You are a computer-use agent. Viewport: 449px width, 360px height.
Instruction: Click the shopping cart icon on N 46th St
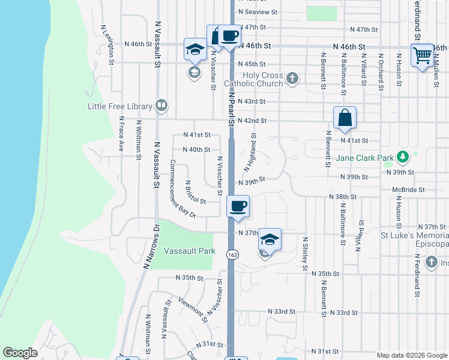pos(422,55)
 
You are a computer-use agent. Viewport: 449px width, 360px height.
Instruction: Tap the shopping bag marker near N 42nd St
pos(345,118)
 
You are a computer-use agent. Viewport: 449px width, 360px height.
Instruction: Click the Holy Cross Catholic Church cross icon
pos(292,79)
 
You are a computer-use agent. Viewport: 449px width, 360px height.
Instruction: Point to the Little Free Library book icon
pos(161,106)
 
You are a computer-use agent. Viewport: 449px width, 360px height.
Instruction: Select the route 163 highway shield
pos(231,254)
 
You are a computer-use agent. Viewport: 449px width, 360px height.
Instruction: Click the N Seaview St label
pos(258,11)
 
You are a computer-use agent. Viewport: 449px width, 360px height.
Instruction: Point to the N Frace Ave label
pos(121,133)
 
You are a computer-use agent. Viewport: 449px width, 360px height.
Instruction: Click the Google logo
pos(20,353)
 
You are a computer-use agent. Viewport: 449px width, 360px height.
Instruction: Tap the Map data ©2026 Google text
pos(411,355)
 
